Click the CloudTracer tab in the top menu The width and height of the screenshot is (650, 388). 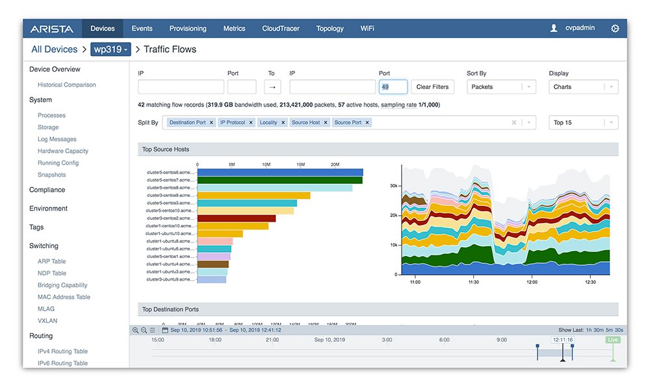click(281, 29)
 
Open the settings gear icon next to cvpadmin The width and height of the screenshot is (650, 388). click(615, 29)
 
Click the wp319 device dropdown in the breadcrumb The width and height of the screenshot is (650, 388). click(110, 49)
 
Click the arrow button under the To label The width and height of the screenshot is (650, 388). click(272, 87)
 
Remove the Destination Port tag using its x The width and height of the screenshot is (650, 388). click(211, 122)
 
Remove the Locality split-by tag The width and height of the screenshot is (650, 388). click(283, 122)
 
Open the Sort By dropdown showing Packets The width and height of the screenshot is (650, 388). click(501, 87)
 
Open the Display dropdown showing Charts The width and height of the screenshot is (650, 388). click(583, 87)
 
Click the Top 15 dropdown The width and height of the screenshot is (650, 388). click(583, 122)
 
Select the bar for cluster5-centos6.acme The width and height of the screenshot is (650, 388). click(279, 173)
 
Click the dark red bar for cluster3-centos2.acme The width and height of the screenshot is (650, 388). click(236, 218)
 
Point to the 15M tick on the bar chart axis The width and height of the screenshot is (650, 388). click(300, 165)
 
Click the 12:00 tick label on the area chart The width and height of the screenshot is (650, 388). click(532, 282)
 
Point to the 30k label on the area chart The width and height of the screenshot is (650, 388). click(393, 186)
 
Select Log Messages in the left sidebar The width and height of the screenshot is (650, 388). click(57, 139)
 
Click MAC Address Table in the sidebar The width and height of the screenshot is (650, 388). click(64, 297)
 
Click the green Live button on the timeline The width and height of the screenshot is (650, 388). click(612, 340)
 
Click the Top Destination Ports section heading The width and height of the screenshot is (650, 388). click(170, 309)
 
